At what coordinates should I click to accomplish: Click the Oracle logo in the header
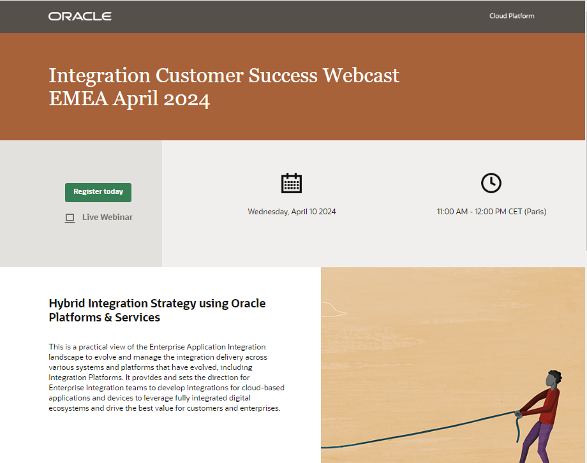click(80, 16)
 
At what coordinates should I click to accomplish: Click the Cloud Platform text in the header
click(512, 16)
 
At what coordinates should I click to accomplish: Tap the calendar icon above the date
click(292, 183)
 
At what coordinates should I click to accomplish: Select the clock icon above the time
click(491, 183)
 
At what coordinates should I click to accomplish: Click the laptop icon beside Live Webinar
click(70, 218)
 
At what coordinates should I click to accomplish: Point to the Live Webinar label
click(107, 217)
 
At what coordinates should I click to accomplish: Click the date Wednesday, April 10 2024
click(292, 212)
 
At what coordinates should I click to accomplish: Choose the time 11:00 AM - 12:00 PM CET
click(491, 212)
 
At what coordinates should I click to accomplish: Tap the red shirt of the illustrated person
click(549, 408)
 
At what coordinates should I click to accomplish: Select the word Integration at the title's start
click(99, 75)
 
